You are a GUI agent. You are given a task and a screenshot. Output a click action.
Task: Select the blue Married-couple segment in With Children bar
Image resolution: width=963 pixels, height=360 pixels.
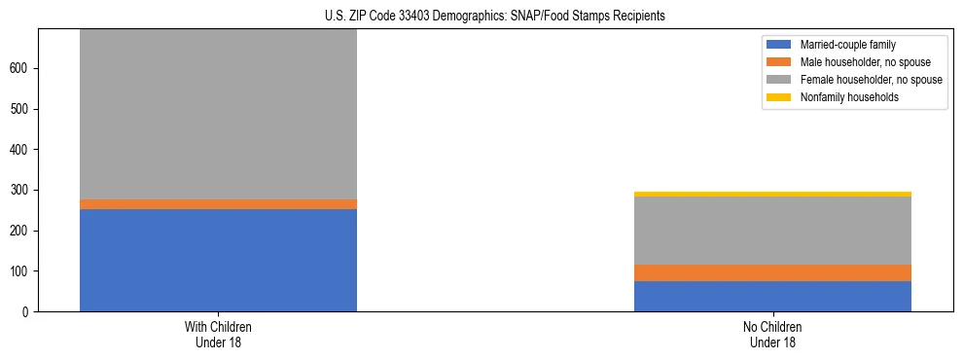[x=218, y=260]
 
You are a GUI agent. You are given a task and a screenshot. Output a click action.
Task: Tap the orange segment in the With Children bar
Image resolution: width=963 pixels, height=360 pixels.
[x=218, y=204]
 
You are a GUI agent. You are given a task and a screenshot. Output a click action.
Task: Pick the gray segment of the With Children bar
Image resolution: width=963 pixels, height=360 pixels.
[x=218, y=114]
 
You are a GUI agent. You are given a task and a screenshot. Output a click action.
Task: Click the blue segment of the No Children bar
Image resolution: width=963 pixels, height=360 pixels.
[x=772, y=296]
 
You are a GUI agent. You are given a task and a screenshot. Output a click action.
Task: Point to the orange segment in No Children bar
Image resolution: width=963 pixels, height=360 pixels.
[x=772, y=272]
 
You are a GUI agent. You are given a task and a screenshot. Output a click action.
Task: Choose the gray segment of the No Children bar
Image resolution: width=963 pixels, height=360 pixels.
[x=772, y=231]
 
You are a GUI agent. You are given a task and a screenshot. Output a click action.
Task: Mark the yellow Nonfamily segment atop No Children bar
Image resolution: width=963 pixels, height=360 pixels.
[x=772, y=195]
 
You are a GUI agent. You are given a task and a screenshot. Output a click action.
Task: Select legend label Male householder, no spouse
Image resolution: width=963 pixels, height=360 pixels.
[x=851, y=62]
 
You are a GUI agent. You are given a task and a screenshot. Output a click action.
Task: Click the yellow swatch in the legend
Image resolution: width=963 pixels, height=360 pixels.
[x=779, y=97]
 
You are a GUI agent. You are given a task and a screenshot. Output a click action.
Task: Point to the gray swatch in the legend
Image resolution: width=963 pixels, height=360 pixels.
[x=779, y=80]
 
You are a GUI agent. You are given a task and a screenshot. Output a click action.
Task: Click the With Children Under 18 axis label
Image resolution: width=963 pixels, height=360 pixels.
[x=218, y=334]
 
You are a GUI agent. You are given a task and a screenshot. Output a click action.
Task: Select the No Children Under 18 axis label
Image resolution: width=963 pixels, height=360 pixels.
[x=772, y=334]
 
